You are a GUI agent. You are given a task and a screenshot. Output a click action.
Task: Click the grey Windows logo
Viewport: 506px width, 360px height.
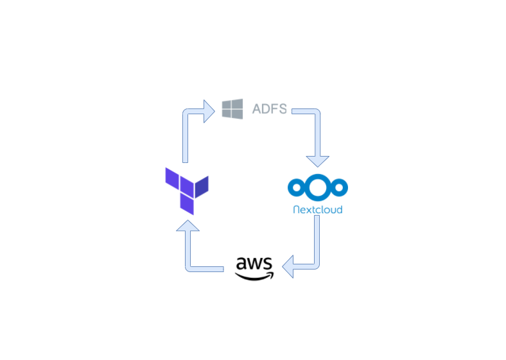[232, 108]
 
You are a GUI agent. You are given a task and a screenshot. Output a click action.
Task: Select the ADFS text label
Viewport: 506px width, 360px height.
[269, 109]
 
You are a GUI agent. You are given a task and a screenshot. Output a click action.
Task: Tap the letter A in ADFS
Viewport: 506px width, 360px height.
[257, 109]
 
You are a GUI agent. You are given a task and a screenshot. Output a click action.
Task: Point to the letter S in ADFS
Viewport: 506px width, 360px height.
[282, 109]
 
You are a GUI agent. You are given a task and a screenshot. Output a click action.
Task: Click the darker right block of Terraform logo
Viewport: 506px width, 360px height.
[202, 186]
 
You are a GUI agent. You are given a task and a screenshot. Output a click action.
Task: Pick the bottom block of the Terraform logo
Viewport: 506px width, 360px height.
[187, 203]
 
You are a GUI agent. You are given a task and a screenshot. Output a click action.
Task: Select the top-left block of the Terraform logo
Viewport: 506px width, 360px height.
[171, 177]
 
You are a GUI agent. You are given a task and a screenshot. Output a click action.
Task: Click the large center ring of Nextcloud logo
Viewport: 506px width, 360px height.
[318, 187]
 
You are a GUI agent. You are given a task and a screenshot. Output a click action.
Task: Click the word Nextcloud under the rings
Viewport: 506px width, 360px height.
[317, 209]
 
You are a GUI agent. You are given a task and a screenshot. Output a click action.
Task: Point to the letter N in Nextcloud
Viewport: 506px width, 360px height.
[296, 209]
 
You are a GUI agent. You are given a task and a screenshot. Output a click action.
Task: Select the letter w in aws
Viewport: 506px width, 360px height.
[254, 264]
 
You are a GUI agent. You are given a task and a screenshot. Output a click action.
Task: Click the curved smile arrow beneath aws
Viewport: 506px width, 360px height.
[254, 276]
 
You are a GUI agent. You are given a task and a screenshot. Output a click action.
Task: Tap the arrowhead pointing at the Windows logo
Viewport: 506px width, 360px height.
[208, 112]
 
